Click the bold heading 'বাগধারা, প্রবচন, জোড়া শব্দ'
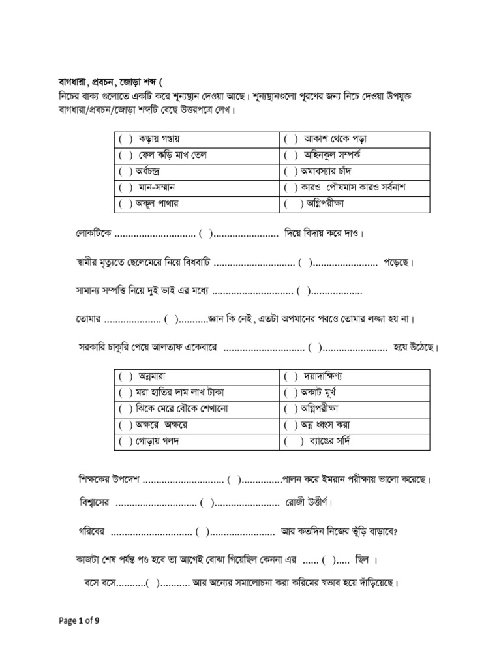point(108,82)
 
